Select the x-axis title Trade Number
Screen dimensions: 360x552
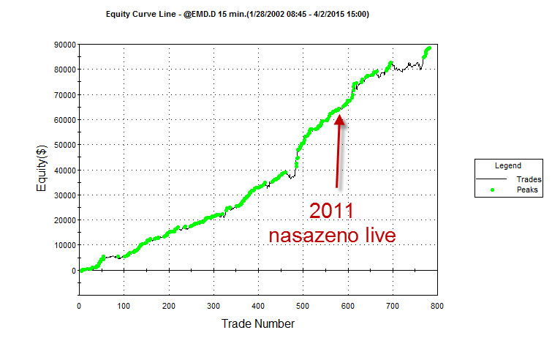[259, 323]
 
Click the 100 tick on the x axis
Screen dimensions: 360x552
[124, 307]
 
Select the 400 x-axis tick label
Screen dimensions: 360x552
[258, 307]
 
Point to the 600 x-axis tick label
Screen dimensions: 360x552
[348, 307]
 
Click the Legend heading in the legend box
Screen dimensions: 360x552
[507, 166]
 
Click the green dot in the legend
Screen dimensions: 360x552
[492, 190]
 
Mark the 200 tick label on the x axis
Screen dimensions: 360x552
[169, 307]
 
